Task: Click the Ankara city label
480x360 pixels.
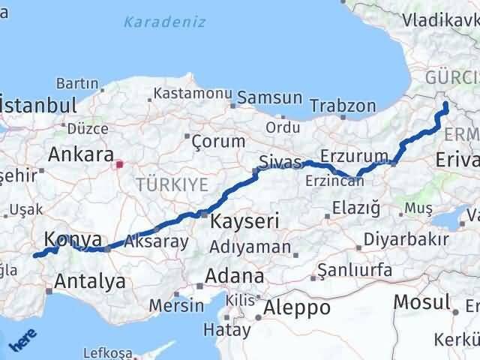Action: click(x=76, y=154)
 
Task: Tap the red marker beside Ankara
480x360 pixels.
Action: click(x=119, y=162)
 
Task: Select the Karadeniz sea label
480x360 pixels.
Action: click(x=165, y=22)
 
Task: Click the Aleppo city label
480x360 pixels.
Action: click(x=297, y=307)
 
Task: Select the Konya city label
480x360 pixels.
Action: click(x=73, y=239)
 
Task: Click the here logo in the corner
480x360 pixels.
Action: click(x=21, y=341)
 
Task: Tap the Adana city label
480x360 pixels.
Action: click(x=236, y=276)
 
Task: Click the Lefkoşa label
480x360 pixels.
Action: click(x=109, y=353)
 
